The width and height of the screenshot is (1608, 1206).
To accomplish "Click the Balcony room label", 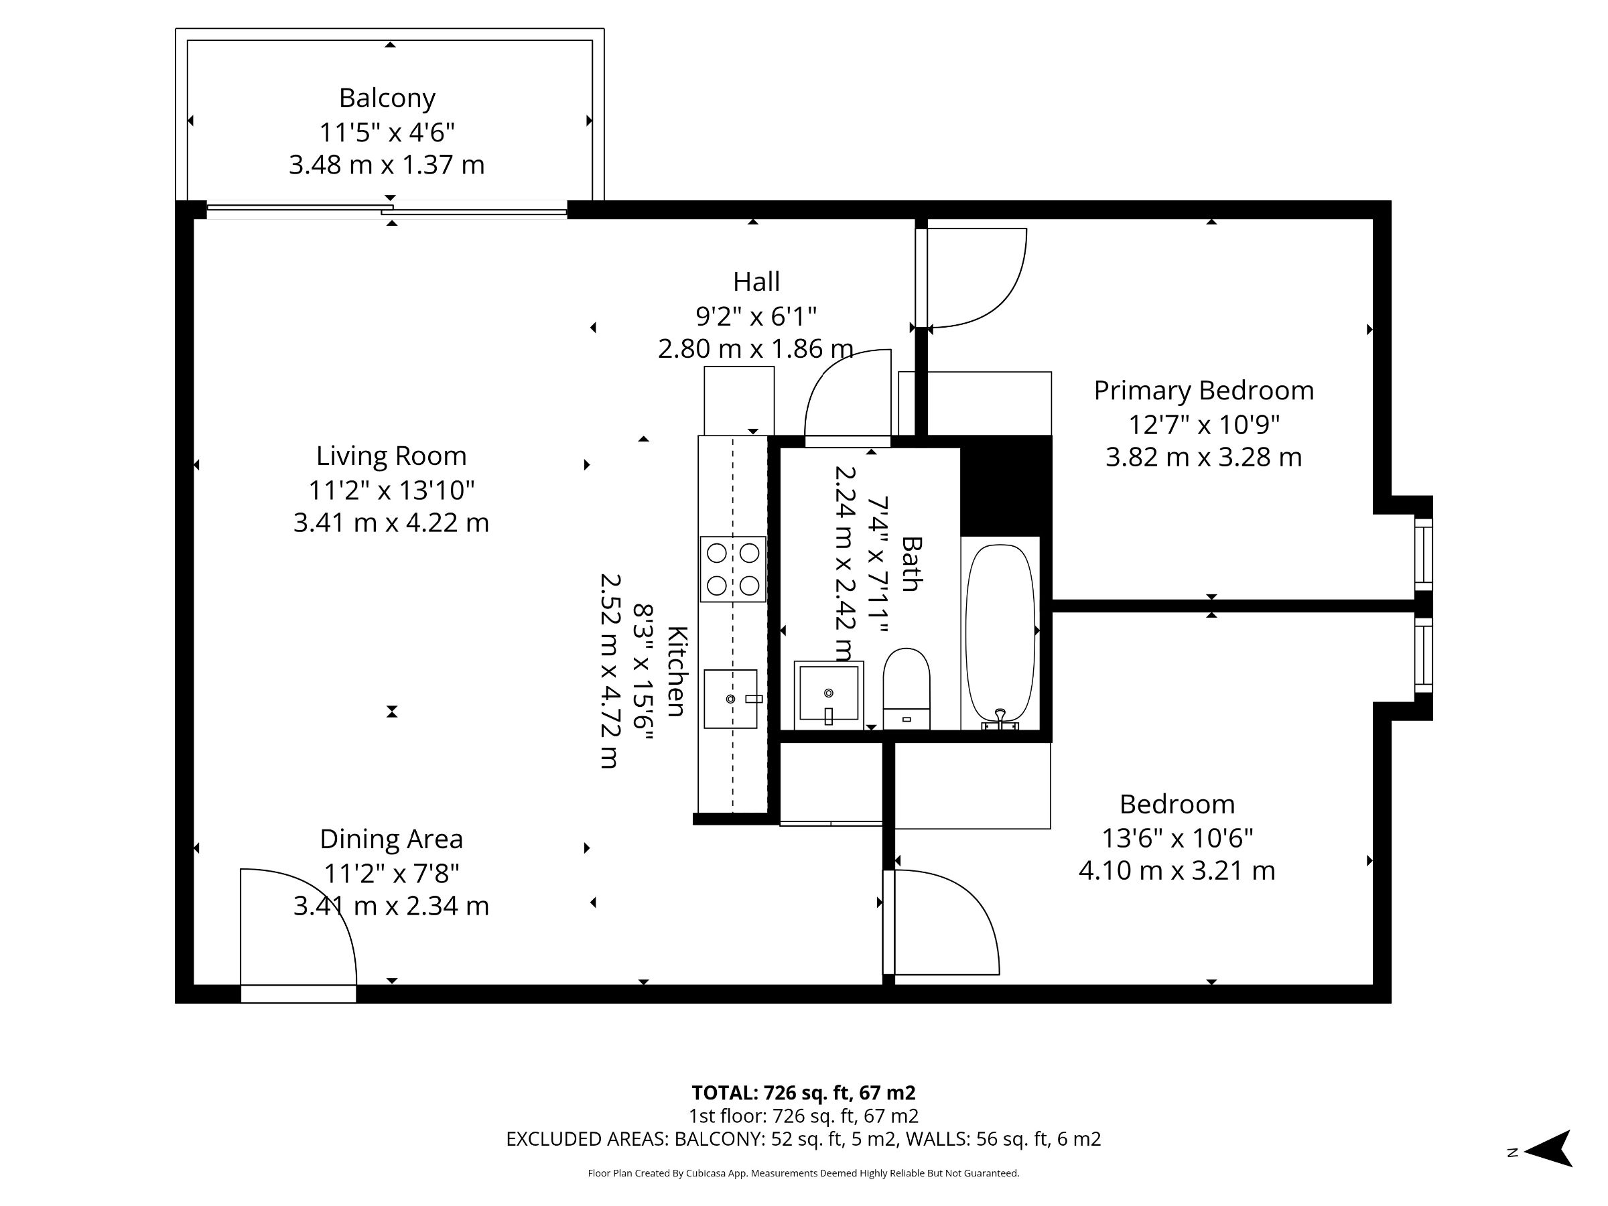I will click(387, 98).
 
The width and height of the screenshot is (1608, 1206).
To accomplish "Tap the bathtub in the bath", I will click(1000, 632).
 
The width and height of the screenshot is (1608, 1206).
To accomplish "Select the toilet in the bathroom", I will click(906, 687).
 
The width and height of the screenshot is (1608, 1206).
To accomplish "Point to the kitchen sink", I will click(730, 699).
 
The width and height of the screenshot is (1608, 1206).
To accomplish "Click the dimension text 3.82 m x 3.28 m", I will click(1203, 457).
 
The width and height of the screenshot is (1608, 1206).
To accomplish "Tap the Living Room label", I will click(391, 456).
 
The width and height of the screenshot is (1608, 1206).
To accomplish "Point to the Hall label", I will click(756, 281).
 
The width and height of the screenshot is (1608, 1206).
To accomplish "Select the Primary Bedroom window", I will click(1422, 553).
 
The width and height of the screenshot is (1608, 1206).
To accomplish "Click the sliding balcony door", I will click(387, 210).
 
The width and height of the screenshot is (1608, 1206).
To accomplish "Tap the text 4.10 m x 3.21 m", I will click(1177, 870).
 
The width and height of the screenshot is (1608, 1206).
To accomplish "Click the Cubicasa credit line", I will click(803, 1172).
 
